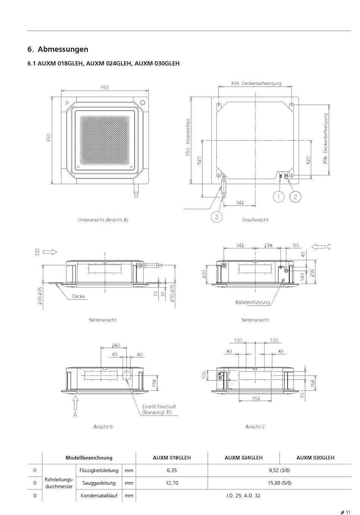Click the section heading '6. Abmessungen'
[58, 49]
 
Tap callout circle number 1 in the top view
[279, 197]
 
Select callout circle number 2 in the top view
[295, 197]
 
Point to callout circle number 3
[216, 217]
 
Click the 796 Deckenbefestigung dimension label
[256, 83]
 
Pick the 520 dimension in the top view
[199, 160]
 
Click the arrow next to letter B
[50, 252]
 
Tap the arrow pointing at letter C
[319, 247]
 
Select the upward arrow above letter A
[75, 402]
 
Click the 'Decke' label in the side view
[78, 297]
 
